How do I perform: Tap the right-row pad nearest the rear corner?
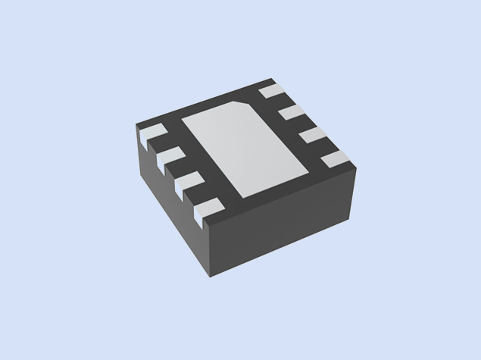[x=270, y=92]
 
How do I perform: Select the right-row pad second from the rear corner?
[x=291, y=114]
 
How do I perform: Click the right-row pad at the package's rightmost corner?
[x=334, y=158]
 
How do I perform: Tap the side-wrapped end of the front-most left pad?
[x=201, y=221]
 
